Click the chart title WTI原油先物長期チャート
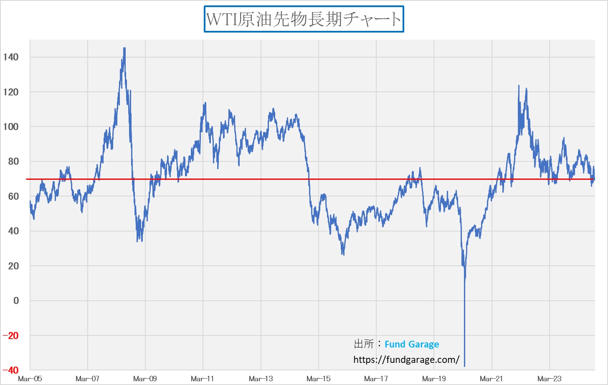coord(304,19)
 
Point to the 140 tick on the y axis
coord(11,57)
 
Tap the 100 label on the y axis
coord(11,127)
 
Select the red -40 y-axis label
coord(11,370)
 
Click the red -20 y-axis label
coord(11,336)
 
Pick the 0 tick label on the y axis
coord(16,301)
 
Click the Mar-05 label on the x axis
coord(30,379)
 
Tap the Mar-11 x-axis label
coord(203,379)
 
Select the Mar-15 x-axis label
coord(318,379)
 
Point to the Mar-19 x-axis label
coord(434,379)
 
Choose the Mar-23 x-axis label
coord(549,379)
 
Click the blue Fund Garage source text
coord(412,345)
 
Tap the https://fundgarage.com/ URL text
coord(406,360)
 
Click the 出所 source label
coord(364,344)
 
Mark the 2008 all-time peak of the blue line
coord(124,48)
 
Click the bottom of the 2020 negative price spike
coord(464,366)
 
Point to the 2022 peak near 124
coord(519,86)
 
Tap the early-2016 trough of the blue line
coord(343,254)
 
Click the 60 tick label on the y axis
coord(13,196)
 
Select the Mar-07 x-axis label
coord(88,379)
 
